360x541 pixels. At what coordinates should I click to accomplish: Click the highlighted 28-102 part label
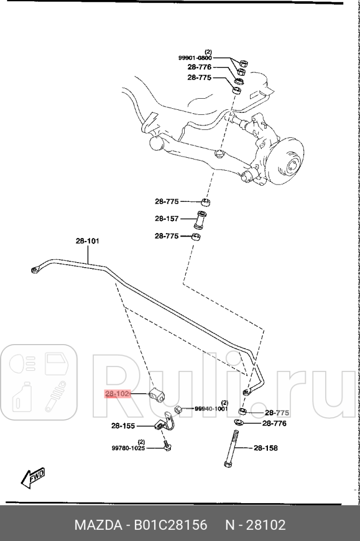[117, 394]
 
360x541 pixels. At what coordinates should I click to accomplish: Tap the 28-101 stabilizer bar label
[87, 241]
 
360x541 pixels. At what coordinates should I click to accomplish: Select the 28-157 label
[166, 219]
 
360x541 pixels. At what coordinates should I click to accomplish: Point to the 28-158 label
[266, 448]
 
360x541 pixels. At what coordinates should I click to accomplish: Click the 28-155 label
[123, 426]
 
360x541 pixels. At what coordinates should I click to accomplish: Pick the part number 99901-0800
[195, 57]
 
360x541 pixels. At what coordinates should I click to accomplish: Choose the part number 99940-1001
[212, 408]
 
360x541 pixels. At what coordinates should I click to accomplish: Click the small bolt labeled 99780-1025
[167, 446]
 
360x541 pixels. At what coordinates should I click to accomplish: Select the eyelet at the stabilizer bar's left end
[36, 270]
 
